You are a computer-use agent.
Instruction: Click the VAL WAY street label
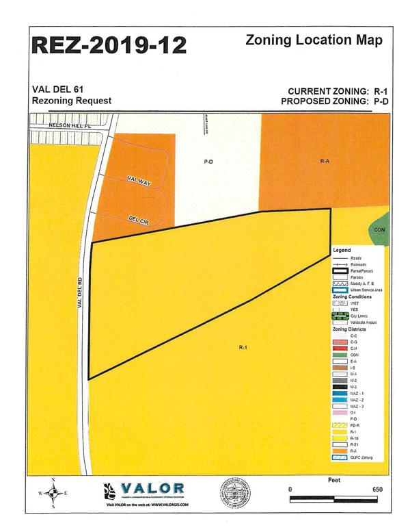pyautogui.click(x=139, y=180)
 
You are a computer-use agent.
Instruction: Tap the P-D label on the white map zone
pyautogui.click(x=208, y=162)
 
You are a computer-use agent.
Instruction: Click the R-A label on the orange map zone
pyautogui.click(x=325, y=162)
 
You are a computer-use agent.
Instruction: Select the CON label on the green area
pyautogui.click(x=380, y=230)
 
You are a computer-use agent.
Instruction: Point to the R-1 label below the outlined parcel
pyautogui.click(x=243, y=348)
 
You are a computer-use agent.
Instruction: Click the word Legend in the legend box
pyautogui.click(x=342, y=251)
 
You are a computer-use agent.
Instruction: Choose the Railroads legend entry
pyautogui.click(x=357, y=264)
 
